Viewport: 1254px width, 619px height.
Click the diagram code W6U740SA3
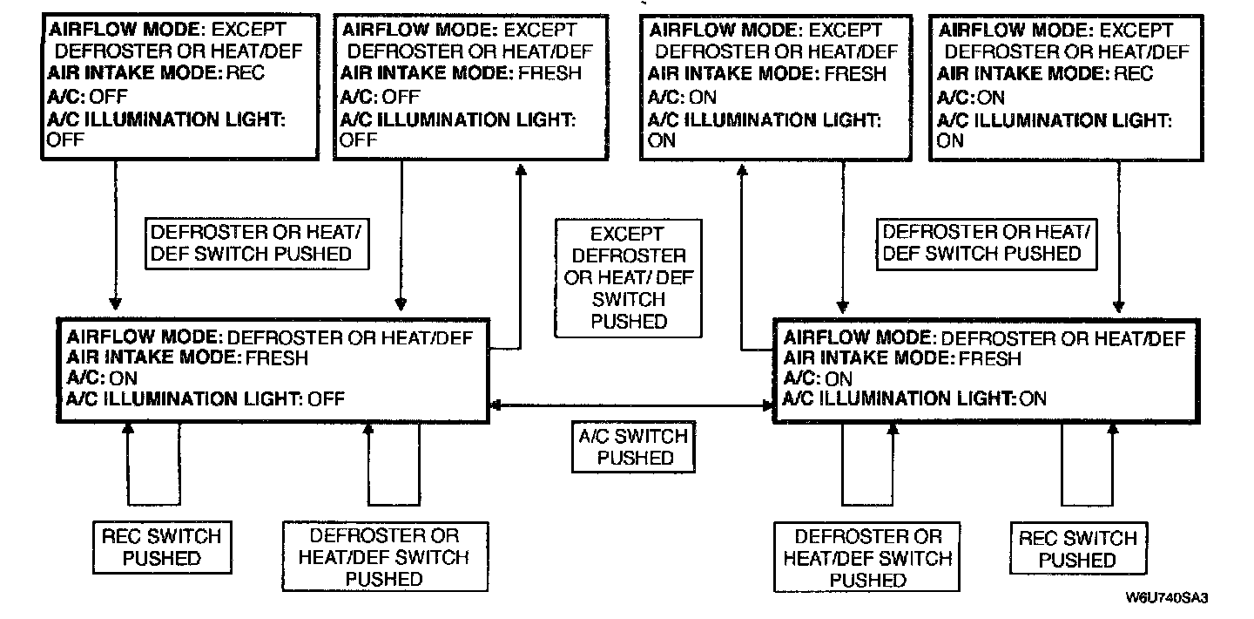[x=1170, y=598]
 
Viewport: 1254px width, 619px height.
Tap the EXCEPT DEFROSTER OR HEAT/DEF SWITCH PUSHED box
[x=628, y=278]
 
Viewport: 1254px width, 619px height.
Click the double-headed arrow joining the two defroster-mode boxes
[x=632, y=405]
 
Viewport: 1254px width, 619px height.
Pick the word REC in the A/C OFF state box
[x=245, y=73]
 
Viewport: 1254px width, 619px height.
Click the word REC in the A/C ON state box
[x=1136, y=73]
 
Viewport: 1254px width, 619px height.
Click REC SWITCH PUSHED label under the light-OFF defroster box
[x=162, y=547]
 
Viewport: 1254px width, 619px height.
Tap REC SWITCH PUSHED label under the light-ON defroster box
[x=1078, y=549]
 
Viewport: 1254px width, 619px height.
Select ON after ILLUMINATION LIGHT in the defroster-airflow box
[x=1032, y=399]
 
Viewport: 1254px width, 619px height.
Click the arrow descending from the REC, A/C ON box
[x=1117, y=235]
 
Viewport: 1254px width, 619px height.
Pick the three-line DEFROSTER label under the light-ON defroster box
[x=867, y=558]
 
